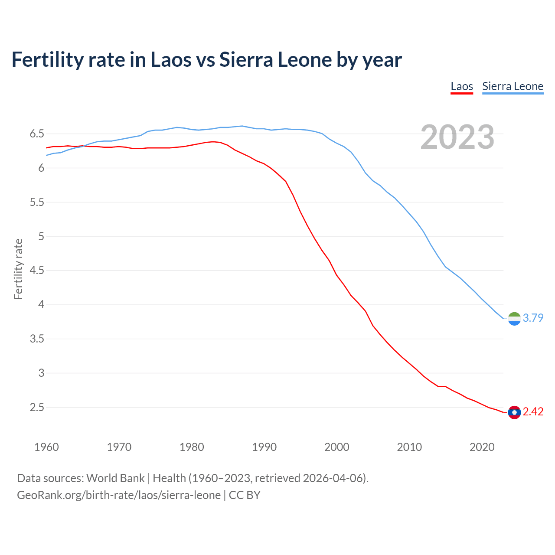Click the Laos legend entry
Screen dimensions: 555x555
462,86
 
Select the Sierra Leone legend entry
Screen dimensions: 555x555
513,86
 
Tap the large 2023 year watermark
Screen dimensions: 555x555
457,137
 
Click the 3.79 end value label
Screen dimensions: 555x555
533,318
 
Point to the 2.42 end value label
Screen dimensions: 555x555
533,411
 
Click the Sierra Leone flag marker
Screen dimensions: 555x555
514,319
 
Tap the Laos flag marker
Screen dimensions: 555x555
514,412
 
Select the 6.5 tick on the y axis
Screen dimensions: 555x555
37,134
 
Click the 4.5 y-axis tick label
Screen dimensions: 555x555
37,271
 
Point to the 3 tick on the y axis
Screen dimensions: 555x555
41,373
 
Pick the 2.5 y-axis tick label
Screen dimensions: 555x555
37,407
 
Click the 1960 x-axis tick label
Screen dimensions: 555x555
46,447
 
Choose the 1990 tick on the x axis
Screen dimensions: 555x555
264,447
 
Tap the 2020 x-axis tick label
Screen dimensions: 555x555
482,447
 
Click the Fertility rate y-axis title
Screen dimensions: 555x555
18,269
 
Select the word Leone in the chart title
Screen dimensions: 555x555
305,59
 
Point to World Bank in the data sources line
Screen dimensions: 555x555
115,478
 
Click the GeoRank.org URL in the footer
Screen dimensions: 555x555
119,495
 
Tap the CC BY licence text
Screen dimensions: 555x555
245,495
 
